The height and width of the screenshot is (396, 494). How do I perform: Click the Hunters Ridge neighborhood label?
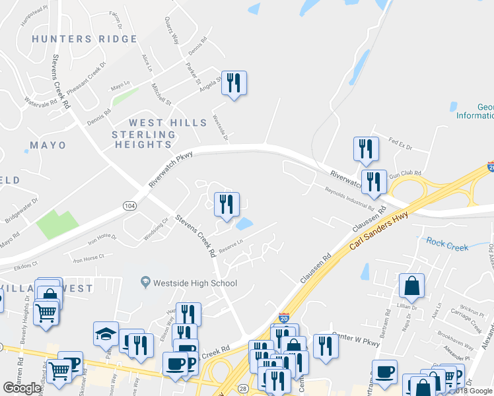85,39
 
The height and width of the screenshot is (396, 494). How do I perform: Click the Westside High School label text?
195,283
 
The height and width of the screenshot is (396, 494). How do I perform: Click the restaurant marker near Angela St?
234,83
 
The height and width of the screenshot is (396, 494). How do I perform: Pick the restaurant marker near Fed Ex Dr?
366,149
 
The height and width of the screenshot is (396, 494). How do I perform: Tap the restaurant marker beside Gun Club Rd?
374,182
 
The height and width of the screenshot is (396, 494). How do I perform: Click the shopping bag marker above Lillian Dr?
411,286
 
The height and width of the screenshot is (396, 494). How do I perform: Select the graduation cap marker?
106,335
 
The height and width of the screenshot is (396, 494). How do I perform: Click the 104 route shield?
129,206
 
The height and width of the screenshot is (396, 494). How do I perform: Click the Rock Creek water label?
447,244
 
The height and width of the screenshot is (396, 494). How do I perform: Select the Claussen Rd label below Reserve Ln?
315,269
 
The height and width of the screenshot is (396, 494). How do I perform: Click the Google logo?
22,388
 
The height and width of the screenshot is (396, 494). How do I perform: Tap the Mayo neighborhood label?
48,145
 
